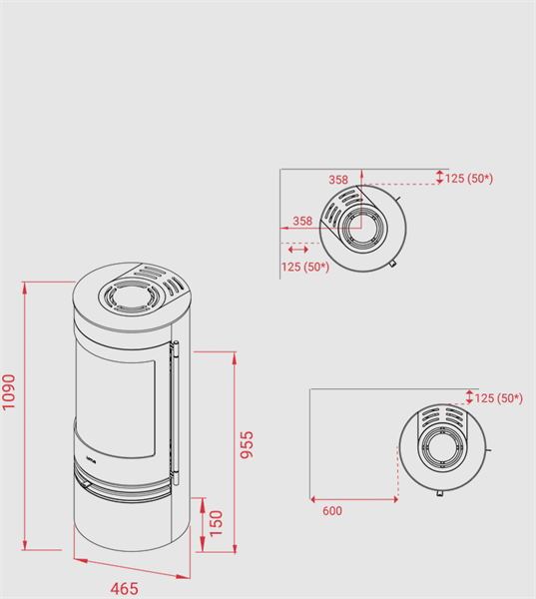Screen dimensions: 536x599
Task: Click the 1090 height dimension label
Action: pyautogui.click(x=9, y=392)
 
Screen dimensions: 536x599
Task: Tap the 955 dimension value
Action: pyautogui.click(x=247, y=444)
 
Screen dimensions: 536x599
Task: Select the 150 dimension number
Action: pyautogui.click(x=217, y=523)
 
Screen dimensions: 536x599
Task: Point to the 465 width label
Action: pyautogui.click(x=124, y=589)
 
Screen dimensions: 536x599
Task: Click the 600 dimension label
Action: pyautogui.click(x=332, y=511)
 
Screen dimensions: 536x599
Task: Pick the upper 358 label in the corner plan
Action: pyautogui.click(x=338, y=180)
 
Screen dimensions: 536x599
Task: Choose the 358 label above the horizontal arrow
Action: pyautogui.click(x=302, y=221)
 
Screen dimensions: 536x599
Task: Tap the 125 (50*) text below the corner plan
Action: pyautogui.click(x=305, y=267)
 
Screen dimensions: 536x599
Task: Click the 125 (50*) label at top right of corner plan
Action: pyautogui.click(x=469, y=179)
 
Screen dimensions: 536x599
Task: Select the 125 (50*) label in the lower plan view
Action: pyautogui.click(x=498, y=398)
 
